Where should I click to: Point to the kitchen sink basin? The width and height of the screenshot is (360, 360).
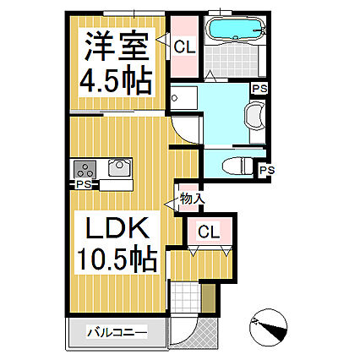coord(117,167)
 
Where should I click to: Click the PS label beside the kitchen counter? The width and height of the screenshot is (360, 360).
coord(83,184)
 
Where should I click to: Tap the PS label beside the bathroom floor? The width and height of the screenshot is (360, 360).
coord(259,87)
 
